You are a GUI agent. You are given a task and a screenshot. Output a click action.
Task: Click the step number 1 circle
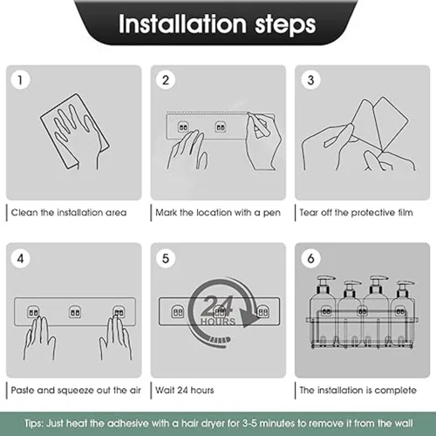point(20,80)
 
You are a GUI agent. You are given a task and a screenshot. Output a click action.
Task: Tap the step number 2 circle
point(166,80)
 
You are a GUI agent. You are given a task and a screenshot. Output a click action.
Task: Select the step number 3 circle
point(310,80)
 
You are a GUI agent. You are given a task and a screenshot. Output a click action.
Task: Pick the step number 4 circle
point(20,258)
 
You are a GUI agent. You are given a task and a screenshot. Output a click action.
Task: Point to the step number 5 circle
point(166,258)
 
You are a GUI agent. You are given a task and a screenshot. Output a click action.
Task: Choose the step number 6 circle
point(310,258)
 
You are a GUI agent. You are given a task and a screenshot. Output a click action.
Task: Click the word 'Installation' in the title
point(182,24)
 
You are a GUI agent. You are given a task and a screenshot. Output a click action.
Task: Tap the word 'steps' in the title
point(285,25)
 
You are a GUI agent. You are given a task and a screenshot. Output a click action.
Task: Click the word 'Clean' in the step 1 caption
point(24,213)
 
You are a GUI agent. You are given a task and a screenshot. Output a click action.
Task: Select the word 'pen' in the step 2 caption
point(272,213)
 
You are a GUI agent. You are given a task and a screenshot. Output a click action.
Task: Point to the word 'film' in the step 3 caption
point(405,213)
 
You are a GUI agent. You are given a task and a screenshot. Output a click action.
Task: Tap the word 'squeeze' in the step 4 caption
point(76,391)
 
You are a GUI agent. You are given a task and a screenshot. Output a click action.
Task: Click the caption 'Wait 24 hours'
point(185,390)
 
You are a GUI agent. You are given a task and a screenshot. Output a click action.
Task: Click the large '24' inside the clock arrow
point(217,306)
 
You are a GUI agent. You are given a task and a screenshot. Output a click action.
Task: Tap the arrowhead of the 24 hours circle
point(249,317)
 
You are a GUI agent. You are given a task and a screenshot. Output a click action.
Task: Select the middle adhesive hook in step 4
point(74,312)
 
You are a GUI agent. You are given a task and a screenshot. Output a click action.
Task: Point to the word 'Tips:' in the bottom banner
point(34,423)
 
